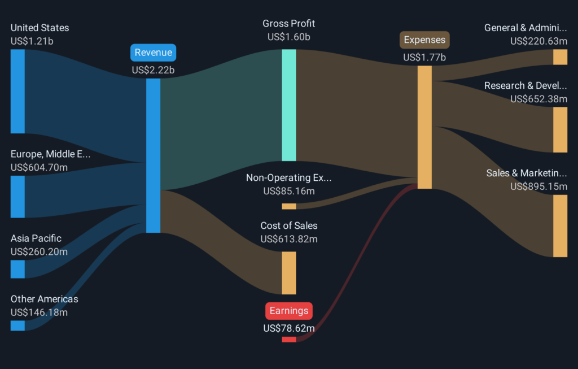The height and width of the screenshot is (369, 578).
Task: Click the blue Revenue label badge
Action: coord(154,53)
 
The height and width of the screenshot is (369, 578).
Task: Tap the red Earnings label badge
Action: coord(289,311)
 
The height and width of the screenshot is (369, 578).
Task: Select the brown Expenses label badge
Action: coord(424,40)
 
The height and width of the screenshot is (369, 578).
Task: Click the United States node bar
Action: coord(17,91)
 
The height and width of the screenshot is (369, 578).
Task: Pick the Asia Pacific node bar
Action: coord(17,269)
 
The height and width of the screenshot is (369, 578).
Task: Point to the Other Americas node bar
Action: coord(17,325)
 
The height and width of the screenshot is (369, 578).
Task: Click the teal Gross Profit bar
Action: coord(289,105)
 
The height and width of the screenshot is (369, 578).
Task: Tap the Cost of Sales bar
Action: coord(289,273)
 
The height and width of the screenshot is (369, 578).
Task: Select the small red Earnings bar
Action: coord(289,339)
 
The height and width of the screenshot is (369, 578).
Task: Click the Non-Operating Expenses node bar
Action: coord(289,206)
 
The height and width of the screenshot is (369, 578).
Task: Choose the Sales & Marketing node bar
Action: coord(560,226)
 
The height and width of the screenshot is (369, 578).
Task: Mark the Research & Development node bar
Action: coord(560,129)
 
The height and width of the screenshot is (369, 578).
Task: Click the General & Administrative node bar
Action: coord(560,57)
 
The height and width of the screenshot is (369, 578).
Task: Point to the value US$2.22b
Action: coord(154,70)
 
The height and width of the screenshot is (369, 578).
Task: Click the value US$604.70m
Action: coord(39,167)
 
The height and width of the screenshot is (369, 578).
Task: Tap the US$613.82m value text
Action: coord(289,239)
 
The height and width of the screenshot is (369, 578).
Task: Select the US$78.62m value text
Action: coord(289,328)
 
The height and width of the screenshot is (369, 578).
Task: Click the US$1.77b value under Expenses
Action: coord(424,57)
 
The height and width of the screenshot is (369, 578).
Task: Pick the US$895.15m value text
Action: coord(538,186)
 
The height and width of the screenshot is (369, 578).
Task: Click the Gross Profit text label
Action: coord(289,24)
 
